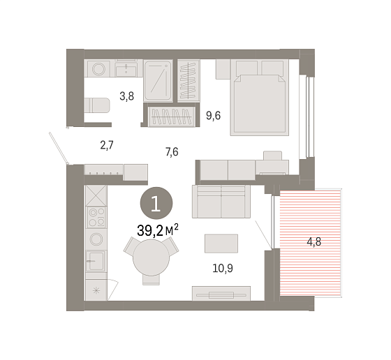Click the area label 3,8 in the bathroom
126,96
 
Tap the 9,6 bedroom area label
213,116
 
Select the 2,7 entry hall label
107,145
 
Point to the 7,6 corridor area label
172,151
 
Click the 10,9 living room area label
223,269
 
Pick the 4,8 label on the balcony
314,241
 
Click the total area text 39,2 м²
158,230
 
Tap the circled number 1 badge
156,203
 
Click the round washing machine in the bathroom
98,68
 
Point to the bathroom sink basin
126,69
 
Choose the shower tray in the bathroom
158,81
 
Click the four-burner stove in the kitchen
96,217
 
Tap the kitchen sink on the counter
96,261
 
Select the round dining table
151,257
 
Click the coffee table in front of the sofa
221,243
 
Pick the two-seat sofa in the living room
221,202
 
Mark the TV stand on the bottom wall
221,293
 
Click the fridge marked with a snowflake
96,290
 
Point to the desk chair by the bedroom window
272,156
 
